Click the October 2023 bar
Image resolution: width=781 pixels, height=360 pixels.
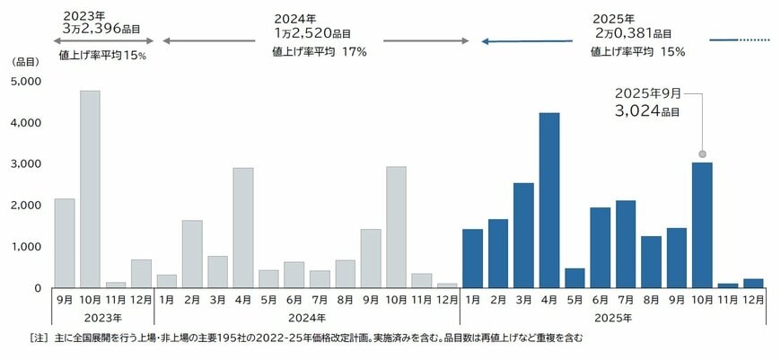point(90,189)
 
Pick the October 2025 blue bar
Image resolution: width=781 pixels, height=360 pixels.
point(702,224)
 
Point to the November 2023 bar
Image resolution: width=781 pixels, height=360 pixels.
point(115,285)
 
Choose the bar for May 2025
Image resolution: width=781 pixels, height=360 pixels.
point(575,277)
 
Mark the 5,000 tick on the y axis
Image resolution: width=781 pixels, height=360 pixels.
point(29,81)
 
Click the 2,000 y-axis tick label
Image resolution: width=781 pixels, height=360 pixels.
point(29,206)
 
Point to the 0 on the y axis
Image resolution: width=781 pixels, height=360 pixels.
point(37,288)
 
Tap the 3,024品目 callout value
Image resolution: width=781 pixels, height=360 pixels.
point(647,111)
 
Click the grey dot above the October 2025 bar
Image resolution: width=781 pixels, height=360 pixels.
point(703,154)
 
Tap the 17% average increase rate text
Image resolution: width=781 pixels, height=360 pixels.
point(355,51)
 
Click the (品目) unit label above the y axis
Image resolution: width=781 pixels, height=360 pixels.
point(26,62)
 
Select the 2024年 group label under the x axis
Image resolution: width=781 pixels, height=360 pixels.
point(306,318)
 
